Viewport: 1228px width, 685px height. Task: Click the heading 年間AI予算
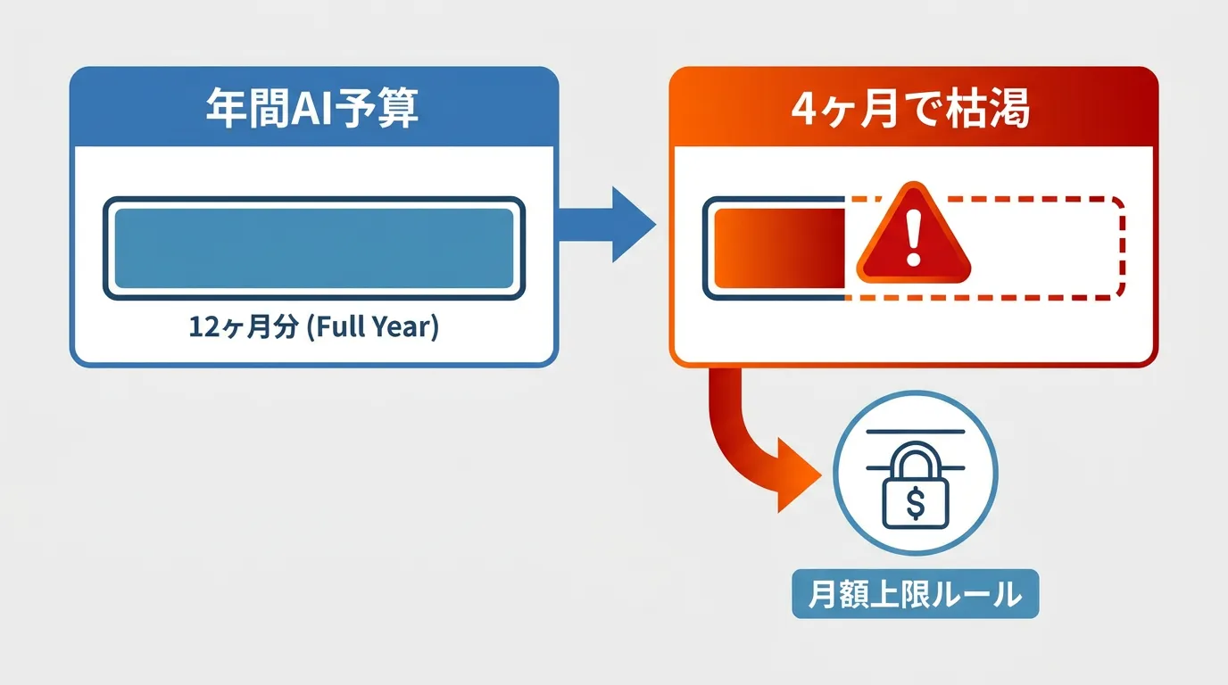312,108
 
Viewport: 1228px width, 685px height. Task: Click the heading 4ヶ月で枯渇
910,109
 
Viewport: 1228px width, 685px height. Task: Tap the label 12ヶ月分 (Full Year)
313,326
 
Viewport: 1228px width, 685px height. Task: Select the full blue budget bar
314,248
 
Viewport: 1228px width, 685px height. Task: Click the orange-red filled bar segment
780,248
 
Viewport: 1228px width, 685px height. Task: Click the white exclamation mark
913,238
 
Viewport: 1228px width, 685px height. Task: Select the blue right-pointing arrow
607,224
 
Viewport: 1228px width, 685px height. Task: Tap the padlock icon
915,485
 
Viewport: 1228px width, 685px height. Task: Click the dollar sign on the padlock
916,503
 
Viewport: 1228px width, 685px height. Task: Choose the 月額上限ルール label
916,594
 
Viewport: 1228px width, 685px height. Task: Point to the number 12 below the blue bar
203,326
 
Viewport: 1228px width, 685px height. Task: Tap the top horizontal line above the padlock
916,432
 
